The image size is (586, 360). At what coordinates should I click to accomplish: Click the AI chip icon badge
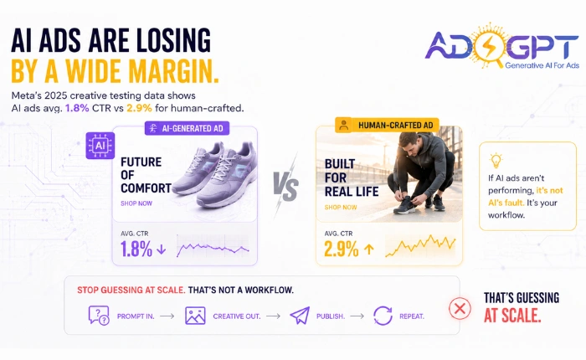(x=100, y=146)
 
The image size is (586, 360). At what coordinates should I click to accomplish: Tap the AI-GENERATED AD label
(x=187, y=128)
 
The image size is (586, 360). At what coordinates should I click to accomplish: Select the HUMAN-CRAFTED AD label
(x=387, y=125)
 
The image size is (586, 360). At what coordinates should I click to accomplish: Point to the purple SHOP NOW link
(x=136, y=203)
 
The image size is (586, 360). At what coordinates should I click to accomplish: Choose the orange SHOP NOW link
(x=341, y=207)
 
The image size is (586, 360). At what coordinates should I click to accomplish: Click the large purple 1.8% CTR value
(x=136, y=249)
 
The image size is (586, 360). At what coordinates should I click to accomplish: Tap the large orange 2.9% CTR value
(x=341, y=249)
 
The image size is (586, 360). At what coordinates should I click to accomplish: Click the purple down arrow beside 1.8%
(x=161, y=249)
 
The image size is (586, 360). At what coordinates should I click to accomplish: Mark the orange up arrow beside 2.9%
(x=369, y=249)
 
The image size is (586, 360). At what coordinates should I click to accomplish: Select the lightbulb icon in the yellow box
(x=496, y=161)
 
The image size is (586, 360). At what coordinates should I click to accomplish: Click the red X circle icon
(x=460, y=309)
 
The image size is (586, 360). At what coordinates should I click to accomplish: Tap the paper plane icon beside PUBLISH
(x=300, y=316)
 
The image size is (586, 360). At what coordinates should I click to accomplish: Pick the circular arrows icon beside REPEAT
(x=383, y=316)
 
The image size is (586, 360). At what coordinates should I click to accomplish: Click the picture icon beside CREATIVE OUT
(x=195, y=316)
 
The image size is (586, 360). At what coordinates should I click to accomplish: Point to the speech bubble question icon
(x=99, y=316)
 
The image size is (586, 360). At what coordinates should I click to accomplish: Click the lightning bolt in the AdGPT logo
(x=488, y=46)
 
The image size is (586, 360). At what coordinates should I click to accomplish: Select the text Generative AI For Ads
(x=542, y=65)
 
